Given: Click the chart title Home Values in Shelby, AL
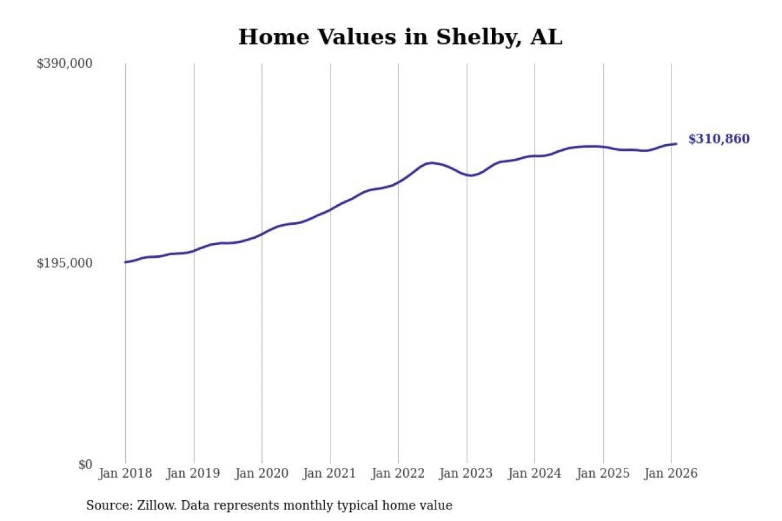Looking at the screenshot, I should tap(400, 37).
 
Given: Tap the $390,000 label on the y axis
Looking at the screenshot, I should tap(65, 64).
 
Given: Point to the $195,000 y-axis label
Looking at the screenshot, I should tap(65, 263).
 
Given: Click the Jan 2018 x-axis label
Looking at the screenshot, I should tap(125, 473).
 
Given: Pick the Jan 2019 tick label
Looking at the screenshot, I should tap(194, 473).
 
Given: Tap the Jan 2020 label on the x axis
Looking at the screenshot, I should tap(262, 473).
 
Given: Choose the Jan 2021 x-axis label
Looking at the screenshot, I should tap(331, 473).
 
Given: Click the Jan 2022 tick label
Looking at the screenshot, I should tap(398, 473).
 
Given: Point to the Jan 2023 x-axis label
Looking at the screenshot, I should tap(467, 473).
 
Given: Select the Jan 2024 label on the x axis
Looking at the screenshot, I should tap(535, 473).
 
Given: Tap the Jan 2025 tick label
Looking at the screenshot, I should tap(603, 473).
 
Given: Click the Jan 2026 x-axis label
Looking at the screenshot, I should tap(671, 473).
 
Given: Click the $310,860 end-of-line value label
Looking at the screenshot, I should tap(718, 139).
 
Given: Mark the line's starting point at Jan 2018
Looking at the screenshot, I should tap(125, 262).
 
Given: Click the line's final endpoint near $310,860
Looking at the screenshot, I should tap(676, 144).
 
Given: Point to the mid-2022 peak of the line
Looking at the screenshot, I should tap(431, 162).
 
